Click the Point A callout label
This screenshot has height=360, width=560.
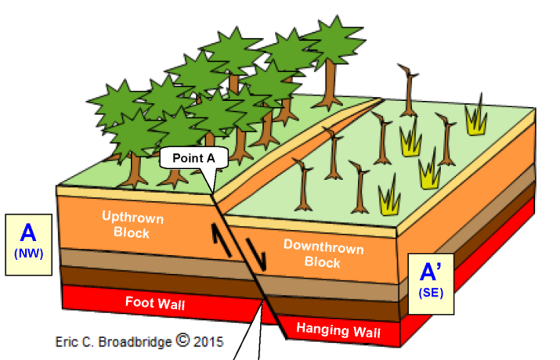194,158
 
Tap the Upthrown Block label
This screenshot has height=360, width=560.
132,224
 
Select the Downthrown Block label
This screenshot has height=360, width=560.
323,254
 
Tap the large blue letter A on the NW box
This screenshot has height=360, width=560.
28,233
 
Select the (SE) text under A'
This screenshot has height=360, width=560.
430,292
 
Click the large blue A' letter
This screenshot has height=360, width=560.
430,273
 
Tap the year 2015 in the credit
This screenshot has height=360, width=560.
209,342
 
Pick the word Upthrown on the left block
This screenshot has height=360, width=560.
133,217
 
